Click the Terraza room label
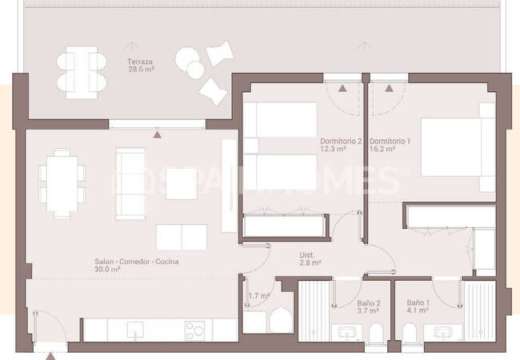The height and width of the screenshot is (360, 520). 140,62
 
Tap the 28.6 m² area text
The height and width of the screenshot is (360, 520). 142,70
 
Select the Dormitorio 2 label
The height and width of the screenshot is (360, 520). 341,142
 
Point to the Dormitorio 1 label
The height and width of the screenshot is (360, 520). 390,142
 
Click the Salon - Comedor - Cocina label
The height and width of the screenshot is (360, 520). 137,262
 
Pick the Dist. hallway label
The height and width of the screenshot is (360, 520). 307,255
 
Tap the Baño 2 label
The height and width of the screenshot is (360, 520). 369,303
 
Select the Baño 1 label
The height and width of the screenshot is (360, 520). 418,302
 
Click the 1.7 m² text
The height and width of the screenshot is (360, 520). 259,296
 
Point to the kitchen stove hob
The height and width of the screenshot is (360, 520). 194,330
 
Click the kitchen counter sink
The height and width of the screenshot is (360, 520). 135,330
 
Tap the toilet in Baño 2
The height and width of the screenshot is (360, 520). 376,333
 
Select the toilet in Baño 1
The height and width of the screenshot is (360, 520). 410,333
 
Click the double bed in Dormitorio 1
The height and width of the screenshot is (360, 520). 458,147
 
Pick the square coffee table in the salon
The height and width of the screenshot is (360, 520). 182,184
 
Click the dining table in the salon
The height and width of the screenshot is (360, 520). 62,183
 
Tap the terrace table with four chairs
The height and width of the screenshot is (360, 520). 82,73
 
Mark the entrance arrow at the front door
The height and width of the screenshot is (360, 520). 50,356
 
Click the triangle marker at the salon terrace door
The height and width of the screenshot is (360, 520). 157,134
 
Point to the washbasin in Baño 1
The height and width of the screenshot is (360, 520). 442,332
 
